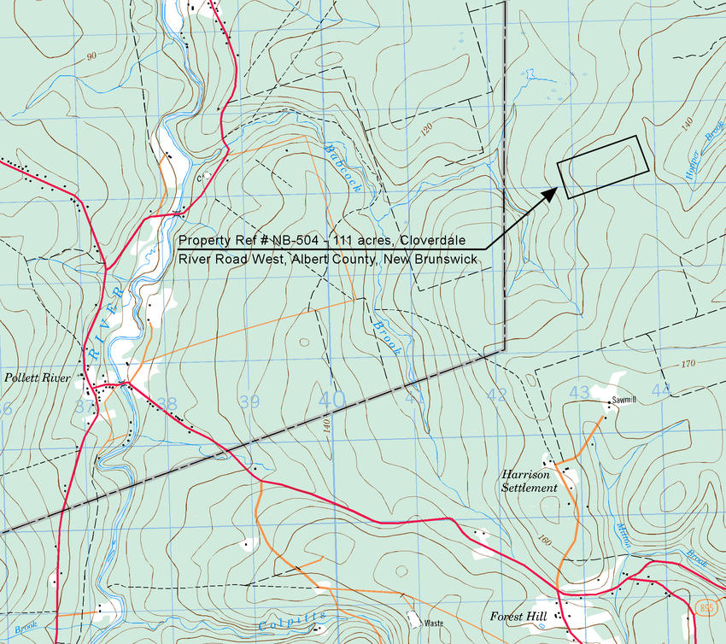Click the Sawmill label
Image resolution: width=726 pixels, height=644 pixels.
pos(625,401)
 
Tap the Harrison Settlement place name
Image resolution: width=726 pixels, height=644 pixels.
pos(530,480)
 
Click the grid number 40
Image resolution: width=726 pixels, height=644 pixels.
pos(332,399)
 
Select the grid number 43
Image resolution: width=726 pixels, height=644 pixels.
pos(579,392)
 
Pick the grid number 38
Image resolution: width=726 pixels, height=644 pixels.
pos(167,404)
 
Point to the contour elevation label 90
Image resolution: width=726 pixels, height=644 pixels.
pos(91,56)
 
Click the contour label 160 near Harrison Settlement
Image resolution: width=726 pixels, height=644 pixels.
pos(544,540)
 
